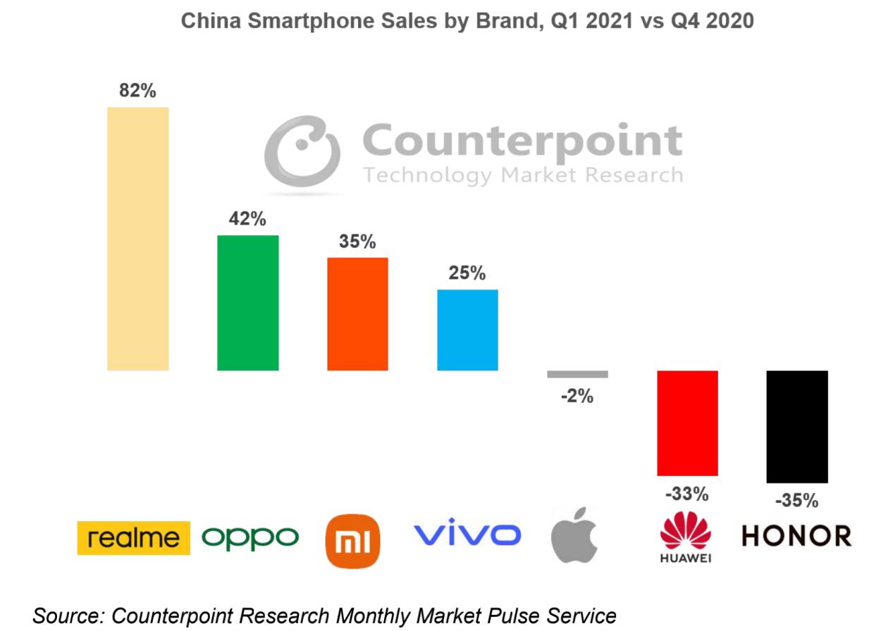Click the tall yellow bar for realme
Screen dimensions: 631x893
(137, 239)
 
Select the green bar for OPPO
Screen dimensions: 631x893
(247, 303)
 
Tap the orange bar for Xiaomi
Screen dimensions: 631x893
(357, 314)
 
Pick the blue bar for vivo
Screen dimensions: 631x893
(467, 330)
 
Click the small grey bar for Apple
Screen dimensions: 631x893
(577, 374)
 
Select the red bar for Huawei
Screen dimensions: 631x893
(687, 423)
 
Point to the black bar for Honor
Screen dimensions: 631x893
(796, 426)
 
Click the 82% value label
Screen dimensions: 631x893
(137, 91)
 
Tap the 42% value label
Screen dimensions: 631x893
(247, 219)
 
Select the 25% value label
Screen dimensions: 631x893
(467, 273)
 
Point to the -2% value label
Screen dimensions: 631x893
(577, 396)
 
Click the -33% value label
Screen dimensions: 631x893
(687, 494)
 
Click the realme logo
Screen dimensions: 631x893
(133, 538)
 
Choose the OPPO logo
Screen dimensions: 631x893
(250, 538)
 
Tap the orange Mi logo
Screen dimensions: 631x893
(352, 541)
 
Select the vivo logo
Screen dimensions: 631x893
(467, 535)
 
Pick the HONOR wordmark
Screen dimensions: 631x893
(796, 537)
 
